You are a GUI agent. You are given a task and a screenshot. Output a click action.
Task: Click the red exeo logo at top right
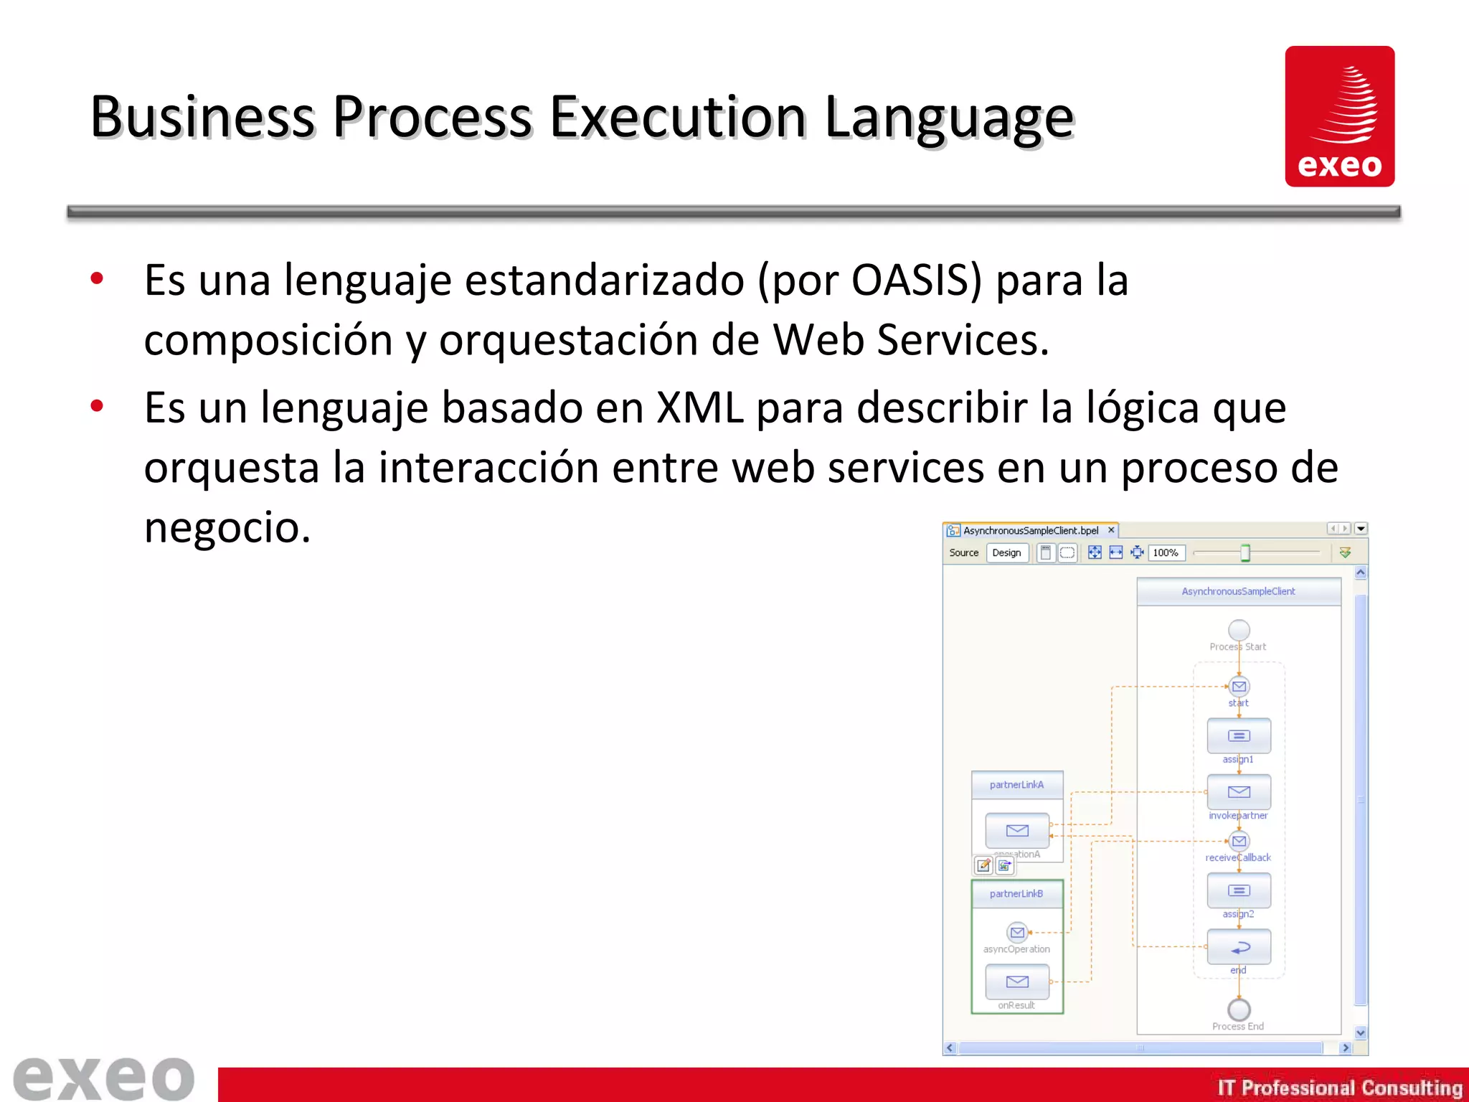tap(1339, 116)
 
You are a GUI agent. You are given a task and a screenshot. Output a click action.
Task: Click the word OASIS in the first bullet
tap(915, 280)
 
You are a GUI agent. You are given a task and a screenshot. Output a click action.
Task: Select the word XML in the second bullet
tap(700, 408)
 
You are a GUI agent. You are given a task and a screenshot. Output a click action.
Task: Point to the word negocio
tap(227, 527)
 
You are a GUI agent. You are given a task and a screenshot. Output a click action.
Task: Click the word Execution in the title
tap(678, 117)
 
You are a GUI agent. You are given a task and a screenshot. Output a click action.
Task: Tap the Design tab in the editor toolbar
tap(1006, 552)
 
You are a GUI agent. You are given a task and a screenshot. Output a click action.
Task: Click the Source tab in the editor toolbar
tap(963, 552)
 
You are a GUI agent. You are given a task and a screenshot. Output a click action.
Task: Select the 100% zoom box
tap(1166, 552)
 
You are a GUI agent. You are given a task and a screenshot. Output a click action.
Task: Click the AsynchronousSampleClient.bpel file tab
tap(1030, 530)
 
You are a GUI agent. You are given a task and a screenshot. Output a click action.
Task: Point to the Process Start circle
tap(1239, 630)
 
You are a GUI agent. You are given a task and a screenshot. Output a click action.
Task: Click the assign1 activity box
tap(1239, 735)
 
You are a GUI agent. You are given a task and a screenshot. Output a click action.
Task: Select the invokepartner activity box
tap(1239, 791)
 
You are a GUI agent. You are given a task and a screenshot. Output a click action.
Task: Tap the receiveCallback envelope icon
tap(1239, 841)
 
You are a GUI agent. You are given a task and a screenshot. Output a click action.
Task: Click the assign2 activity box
tap(1239, 890)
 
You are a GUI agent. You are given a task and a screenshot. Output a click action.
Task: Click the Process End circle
tap(1239, 1009)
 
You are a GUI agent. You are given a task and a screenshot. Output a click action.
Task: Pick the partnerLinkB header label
tap(1016, 894)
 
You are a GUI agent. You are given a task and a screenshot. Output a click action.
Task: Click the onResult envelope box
tap(1017, 981)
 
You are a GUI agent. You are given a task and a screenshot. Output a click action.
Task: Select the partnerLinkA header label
tap(1016, 785)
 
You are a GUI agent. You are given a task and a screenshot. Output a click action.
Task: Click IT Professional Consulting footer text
tap(1339, 1088)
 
